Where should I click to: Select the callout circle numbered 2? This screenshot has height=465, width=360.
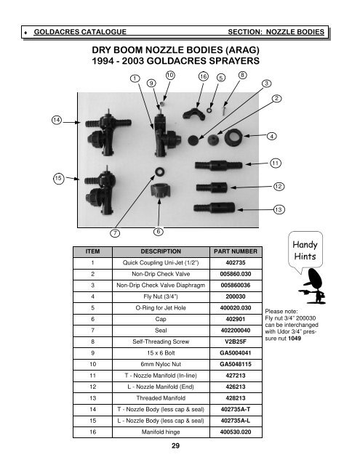click(x=278, y=98)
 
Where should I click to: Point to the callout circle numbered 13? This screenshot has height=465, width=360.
click(x=278, y=210)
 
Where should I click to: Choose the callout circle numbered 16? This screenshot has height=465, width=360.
click(x=204, y=76)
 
